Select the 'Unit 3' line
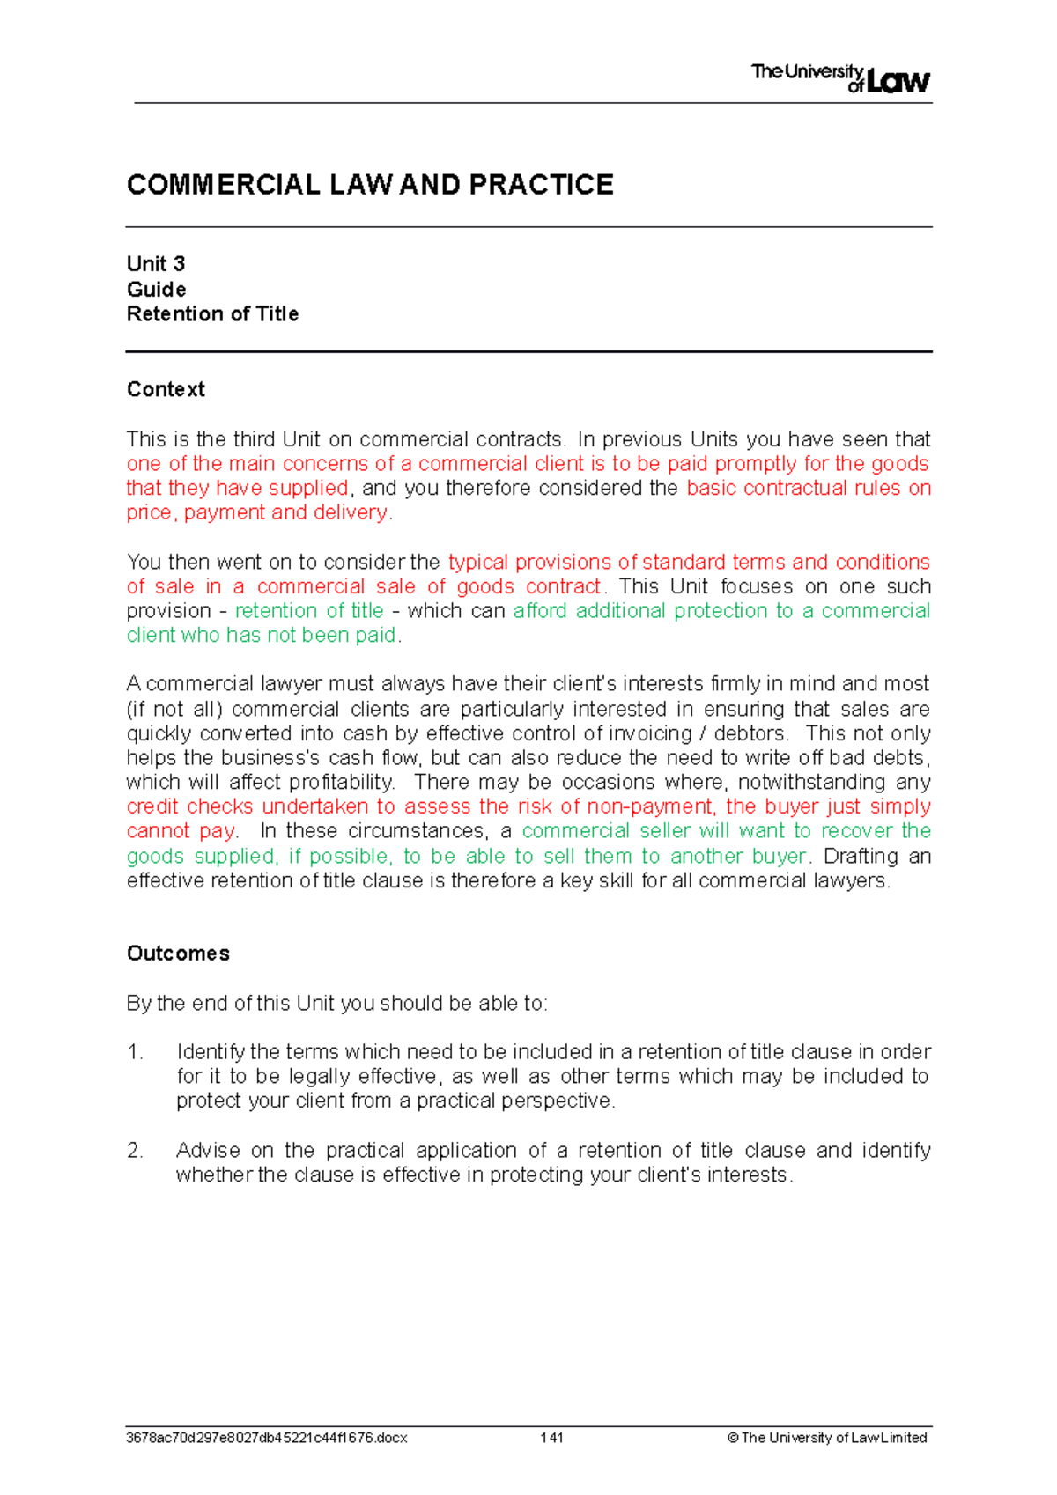coord(156,264)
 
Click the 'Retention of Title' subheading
coord(212,314)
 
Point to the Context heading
coord(166,389)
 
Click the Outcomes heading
coord(178,954)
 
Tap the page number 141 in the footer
coord(552,1438)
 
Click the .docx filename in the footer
coord(266,1438)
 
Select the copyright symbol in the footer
coord(733,1438)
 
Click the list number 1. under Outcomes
coord(135,1052)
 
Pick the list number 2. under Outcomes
coord(135,1151)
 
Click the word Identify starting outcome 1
coord(211,1052)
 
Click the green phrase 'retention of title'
coord(309,611)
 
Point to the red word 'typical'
coord(478,563)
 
